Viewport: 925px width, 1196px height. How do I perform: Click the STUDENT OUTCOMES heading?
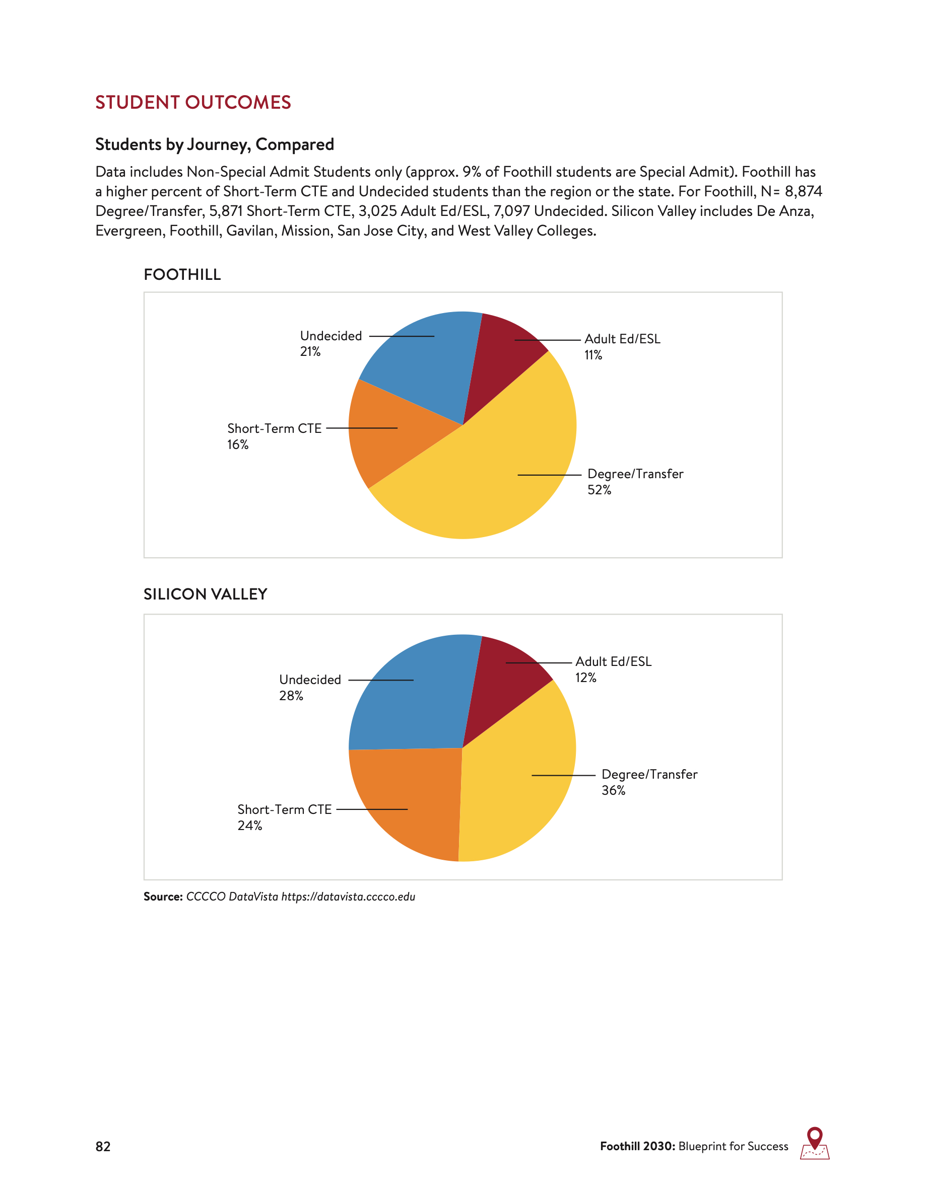[x=193, y=102]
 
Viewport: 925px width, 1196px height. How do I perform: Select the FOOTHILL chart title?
[x=182, y=274]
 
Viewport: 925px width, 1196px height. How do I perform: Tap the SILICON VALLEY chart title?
[x=205, y=594]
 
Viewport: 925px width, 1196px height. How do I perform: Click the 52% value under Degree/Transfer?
[x=599, y=490]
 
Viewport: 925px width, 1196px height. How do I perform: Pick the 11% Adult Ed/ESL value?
[x=593, y=355]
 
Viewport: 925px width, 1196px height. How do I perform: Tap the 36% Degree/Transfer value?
[x=613, y=790]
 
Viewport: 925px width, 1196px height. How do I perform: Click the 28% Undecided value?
[x=291, y=696]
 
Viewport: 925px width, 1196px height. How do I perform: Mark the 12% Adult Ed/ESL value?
[x=585, y=678]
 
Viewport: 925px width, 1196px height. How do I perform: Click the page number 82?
[x=103, y=1147]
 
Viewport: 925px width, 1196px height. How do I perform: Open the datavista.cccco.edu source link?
[x=348, y=897]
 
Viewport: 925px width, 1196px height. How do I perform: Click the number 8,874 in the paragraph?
[x=804, y=191]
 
